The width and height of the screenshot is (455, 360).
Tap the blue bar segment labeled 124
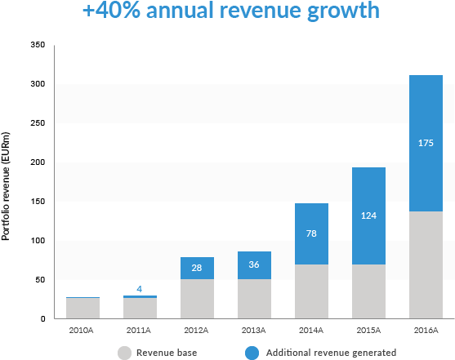368,216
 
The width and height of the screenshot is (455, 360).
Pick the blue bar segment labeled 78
311,233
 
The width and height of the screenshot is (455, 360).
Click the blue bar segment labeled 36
254,265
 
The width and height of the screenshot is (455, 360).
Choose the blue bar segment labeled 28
197,268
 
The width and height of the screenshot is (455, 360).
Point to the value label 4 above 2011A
140,288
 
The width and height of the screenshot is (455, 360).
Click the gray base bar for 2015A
368,291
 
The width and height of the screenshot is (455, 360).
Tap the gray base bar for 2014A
311,291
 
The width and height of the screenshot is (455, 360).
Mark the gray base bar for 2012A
197,299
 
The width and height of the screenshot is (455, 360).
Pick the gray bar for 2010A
83,308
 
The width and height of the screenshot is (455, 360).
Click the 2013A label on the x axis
254,331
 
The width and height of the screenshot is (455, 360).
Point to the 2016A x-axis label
426,331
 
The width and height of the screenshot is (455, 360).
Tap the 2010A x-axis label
83,331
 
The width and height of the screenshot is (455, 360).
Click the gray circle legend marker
124,353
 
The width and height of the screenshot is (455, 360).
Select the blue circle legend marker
252,353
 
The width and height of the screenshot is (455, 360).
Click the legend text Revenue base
167,353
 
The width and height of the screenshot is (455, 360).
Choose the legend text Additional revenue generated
331,353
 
